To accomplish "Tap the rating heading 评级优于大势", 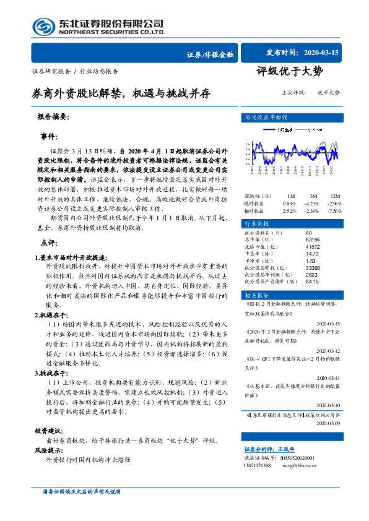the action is click(289, 72).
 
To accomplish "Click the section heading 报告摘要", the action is click(53, 116).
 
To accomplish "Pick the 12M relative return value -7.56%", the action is click(334, 193).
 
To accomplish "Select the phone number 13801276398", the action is click(259, 465).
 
